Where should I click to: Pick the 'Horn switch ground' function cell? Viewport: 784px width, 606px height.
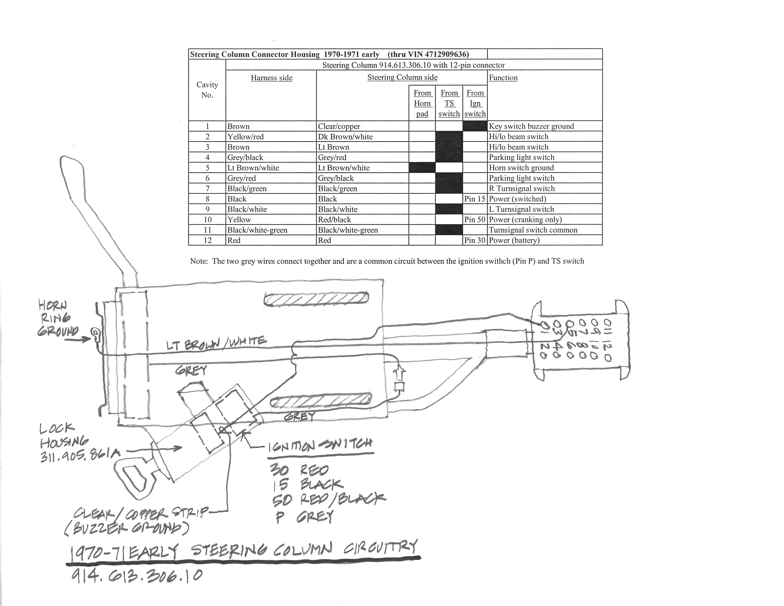coord(521,168)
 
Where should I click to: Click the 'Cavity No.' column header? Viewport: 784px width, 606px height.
coord(207,90)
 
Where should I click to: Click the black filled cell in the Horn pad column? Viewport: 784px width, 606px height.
coord(422,168)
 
